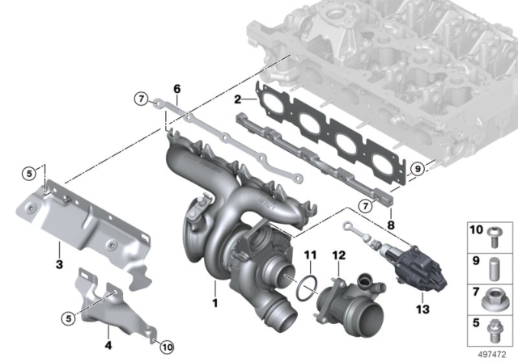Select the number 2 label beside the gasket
point(237,99)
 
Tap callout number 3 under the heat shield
point(59,265)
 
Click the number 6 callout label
point(176,88)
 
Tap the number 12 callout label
point(339,256)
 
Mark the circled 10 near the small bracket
point(167,347)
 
